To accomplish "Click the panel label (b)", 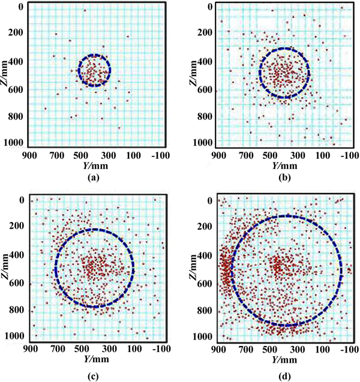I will coord(277,178).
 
